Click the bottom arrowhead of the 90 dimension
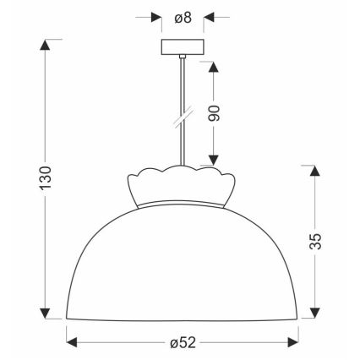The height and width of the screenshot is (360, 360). [x=214, y=162]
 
